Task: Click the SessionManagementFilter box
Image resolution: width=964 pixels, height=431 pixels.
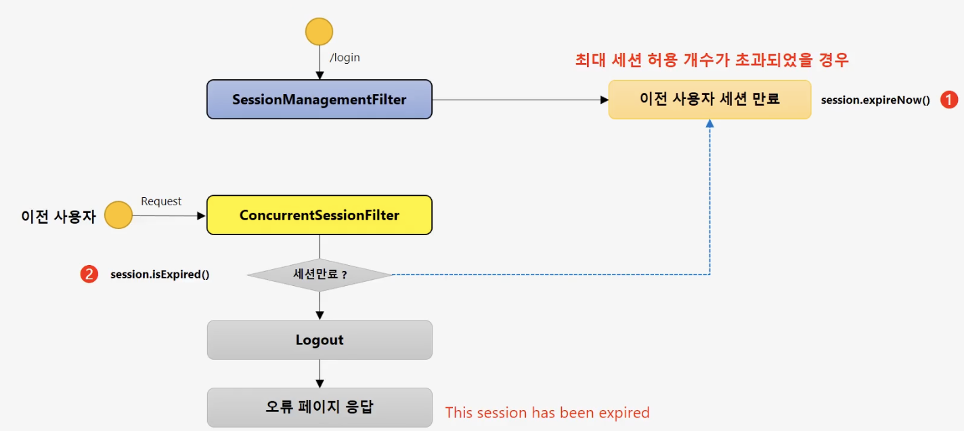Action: point(319,100)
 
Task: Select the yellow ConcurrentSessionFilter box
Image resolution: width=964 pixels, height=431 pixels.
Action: point(319,215)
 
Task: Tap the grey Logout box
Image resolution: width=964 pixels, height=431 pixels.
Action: point(320,340)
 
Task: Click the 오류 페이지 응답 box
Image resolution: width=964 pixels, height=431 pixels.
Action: point(320,407)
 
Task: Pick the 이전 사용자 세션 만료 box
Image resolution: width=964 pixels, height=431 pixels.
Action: point(709,100)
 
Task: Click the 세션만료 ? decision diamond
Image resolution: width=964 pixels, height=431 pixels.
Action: point(320,275)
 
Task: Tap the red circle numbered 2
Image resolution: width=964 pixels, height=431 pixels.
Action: point(89,274)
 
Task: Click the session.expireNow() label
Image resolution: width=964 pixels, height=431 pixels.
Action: point(875,100)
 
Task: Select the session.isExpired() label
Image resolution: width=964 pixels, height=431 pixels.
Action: point(160,274)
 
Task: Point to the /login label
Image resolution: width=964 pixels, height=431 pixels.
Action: point(345,58)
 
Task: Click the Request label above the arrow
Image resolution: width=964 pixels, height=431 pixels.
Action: point(161,201)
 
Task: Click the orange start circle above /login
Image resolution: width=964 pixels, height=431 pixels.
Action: point(319,32)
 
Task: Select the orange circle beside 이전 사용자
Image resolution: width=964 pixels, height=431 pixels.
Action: point(118,215)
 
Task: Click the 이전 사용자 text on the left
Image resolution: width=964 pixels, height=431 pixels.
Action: point(58,216)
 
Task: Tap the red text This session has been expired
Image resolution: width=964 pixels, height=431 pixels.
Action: point(547,412)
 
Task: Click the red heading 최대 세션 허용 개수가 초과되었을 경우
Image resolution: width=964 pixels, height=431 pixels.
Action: point(711,60)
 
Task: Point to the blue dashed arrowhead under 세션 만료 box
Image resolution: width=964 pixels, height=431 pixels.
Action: point(709,124)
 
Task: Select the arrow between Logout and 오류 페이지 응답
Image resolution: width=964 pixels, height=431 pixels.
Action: point(320,373)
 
